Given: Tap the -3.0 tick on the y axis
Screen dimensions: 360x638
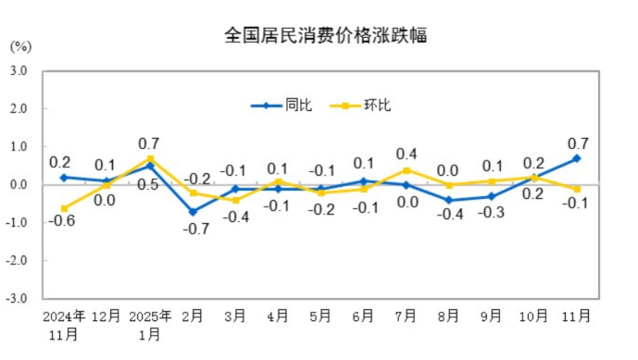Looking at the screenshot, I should [x=19, y=299].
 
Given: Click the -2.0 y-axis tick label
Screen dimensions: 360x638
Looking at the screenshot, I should [x=19, y=261].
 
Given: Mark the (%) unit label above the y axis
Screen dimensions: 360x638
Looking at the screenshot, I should [x=21, y=45].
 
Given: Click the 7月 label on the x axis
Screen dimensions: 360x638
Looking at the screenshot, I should [x=406, y=317].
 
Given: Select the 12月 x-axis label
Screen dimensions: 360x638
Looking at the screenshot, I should [x=106, y=317].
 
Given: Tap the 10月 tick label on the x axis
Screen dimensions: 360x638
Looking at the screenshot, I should [x=534, y=317].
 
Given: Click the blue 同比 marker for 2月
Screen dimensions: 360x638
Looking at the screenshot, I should [x=193, y=212].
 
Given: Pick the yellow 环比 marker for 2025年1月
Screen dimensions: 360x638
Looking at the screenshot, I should [x=150, y=158].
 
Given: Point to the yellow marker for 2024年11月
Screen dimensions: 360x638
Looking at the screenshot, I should [x=64, y=208].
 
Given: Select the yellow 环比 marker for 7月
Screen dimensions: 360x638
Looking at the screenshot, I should [x=406, y=170].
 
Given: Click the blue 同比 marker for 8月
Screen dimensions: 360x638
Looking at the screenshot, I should [x=448, y=200].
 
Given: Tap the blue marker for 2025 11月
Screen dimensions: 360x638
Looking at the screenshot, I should [x=577, y=158].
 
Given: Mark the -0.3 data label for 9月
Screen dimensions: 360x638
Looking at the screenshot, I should [x=493, y=213].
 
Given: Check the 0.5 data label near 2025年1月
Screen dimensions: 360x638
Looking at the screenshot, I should [x=148, y=185].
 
